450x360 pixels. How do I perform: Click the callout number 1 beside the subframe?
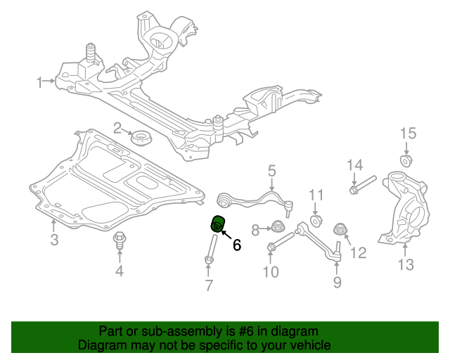pyautogui.click(x=40, y=82)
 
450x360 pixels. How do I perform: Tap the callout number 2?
pyautogui.click(x=118, y=128)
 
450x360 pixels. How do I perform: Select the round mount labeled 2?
pyautogui.click(x=143, y=139)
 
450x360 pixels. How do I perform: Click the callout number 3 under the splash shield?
pyautogui.click(x=54, y=242)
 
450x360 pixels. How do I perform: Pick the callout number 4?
pyautogui.click(x=120, y=271)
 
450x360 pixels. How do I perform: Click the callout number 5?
pyautogui.click(x=271, y=171)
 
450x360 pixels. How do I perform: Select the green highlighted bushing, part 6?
pyautogui.click(x=218, y=224)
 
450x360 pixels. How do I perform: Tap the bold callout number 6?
pyautogui.click(x=236, y=245)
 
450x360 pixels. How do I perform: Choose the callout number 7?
pyautogui.click(x=209, y=285)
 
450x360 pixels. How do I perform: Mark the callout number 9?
pyautogui.click(x=337, y=282)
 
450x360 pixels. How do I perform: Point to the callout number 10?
pyautogui.click(x=271, y=271)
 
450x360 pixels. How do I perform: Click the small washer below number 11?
pyautogui.click(x=316, y=222)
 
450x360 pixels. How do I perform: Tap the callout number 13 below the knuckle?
pyautogui.click(x=406, y=264)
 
